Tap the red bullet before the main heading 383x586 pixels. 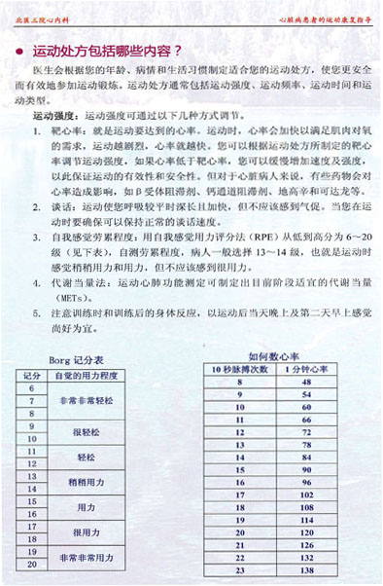[x=20, y=49]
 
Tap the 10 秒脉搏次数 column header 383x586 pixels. [x=240, y=370]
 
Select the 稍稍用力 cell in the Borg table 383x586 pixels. [x=86, y=481]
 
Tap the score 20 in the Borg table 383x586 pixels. [x=31, y=564]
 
